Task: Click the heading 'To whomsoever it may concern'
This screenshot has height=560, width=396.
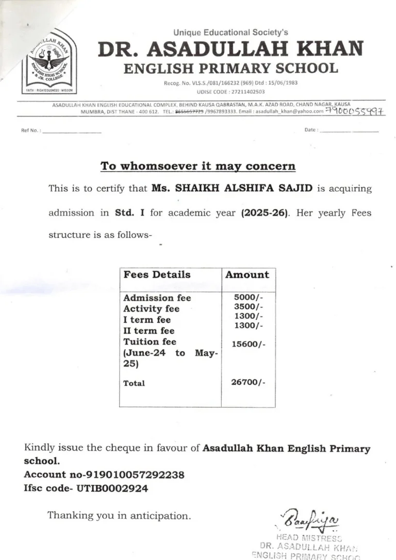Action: [x=198, y=166]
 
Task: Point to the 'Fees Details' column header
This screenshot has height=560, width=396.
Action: [x=157, y=274]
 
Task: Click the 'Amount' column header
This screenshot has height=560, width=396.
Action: [x=247, y=274]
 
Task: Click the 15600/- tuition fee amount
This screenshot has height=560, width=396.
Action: [x=249, y=344]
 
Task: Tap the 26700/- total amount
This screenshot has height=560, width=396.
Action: [x=249, y=382]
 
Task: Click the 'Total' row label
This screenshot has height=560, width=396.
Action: [x=134, y=383]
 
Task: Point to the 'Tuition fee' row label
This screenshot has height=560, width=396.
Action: [x=150, y=342]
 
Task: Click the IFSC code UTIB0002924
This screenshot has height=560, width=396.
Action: [x=112, y=488]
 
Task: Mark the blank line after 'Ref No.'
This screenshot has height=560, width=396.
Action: [x=72, y=131]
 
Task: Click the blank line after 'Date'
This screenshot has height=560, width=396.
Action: [x=349, y=131]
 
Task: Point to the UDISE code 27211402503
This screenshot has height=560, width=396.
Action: [x=245, y=91]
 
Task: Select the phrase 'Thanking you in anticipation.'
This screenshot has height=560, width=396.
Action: [x=119, y=515]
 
